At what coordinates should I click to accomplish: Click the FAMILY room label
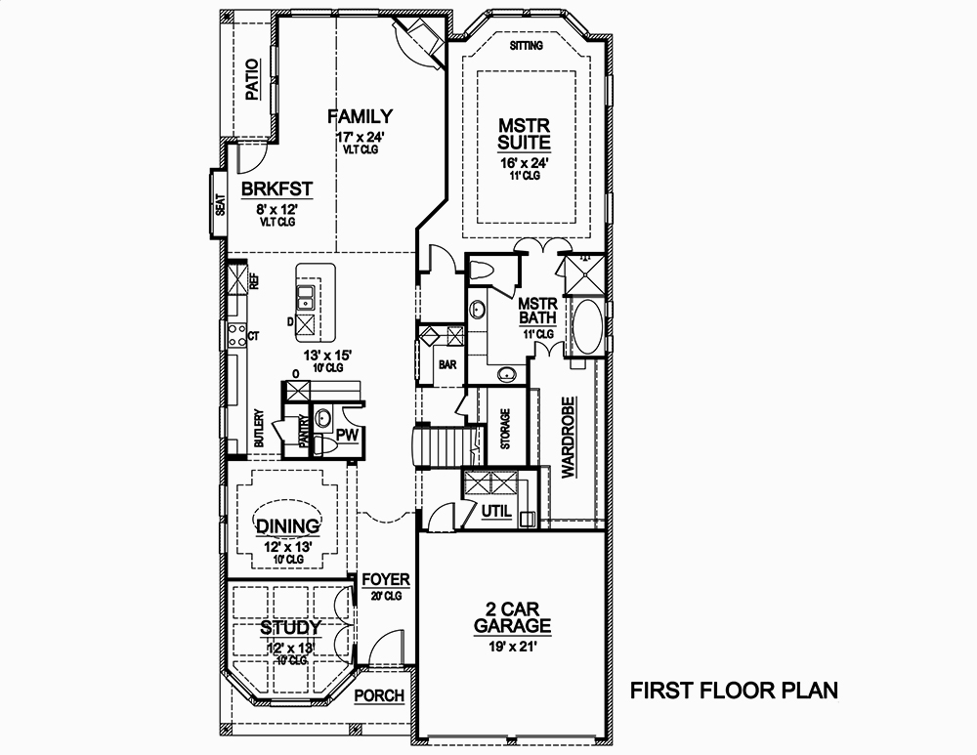[x=360, y=116]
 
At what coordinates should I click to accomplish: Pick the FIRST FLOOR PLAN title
[x=734, y=692]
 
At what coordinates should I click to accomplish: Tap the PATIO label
[x=253, y=81]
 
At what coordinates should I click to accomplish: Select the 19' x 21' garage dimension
[x=512, y=646]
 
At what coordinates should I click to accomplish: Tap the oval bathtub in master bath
[x=588, y=329]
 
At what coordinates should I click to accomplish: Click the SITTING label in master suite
[x=528, y=46]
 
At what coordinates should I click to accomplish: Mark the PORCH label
[x=379, y=696]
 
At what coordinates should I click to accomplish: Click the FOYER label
[x=385, y=580]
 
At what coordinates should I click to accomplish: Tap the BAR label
[x=448, y=365]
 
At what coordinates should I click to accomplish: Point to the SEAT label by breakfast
[x=221, y=205]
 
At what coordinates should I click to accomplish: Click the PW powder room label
[x=346, y=435]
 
